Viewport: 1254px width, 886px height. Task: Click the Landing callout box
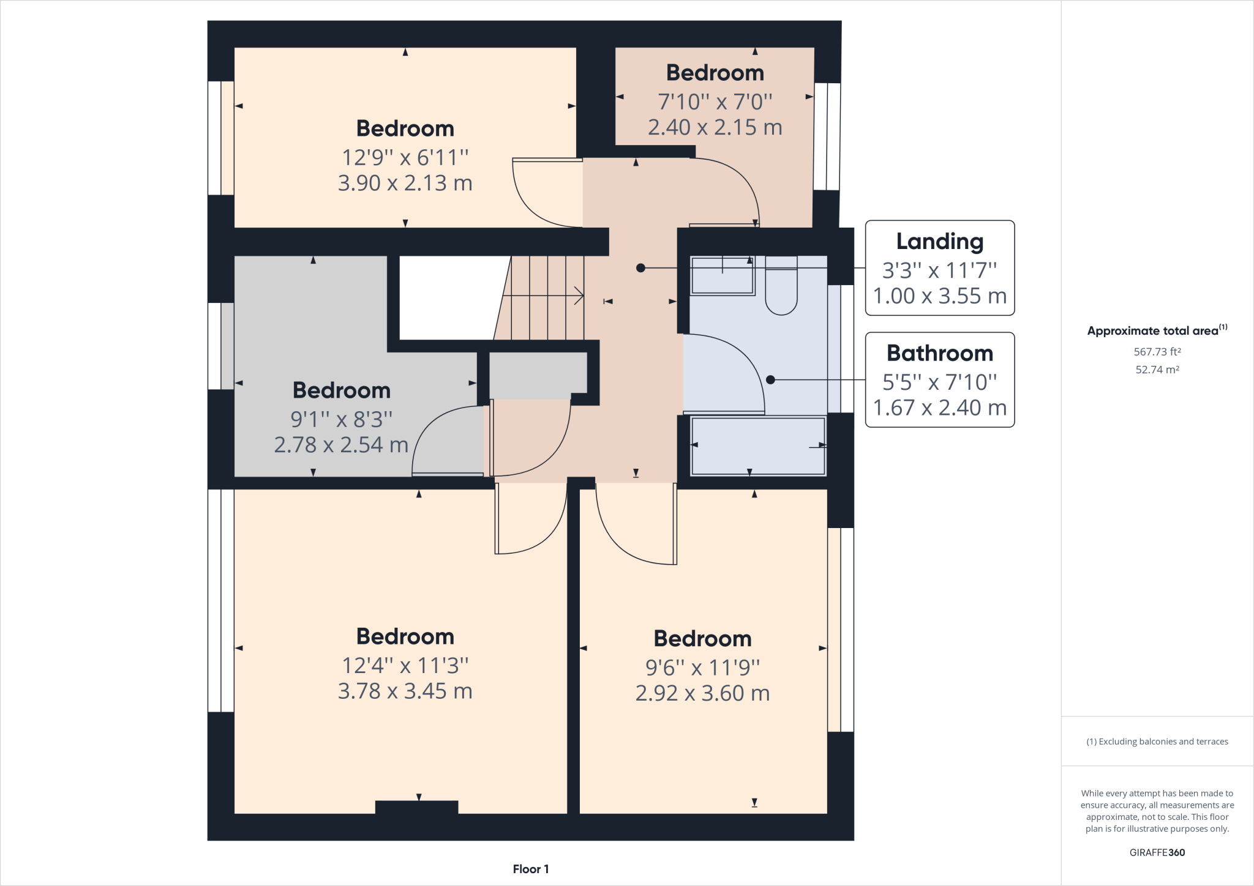point(939,268)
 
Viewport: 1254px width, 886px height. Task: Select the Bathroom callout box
point(939,380)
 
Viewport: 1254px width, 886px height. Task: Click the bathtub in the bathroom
point(758,445)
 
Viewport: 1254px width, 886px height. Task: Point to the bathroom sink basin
point(722,276)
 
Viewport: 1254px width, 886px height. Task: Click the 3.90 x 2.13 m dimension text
point(405,183)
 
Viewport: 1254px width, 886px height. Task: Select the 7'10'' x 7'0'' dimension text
point(715,102)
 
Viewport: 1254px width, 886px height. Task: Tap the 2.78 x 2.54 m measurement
point(341,445)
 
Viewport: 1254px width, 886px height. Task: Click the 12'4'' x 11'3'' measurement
point(405,665)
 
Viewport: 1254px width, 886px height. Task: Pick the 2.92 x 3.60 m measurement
point(702,693)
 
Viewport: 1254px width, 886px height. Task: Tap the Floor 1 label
point(530,869)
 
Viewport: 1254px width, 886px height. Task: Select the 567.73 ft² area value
point(1157,352)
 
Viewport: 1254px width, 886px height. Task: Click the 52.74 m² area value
point(1157,370)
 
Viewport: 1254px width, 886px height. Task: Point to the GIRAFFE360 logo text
point(1157,852)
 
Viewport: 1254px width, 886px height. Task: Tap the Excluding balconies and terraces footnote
point(1157,742)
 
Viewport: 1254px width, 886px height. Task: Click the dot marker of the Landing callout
point(640,268)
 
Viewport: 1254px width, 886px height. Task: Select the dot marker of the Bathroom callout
point(770,380)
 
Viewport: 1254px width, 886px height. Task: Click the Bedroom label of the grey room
point(341,390)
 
